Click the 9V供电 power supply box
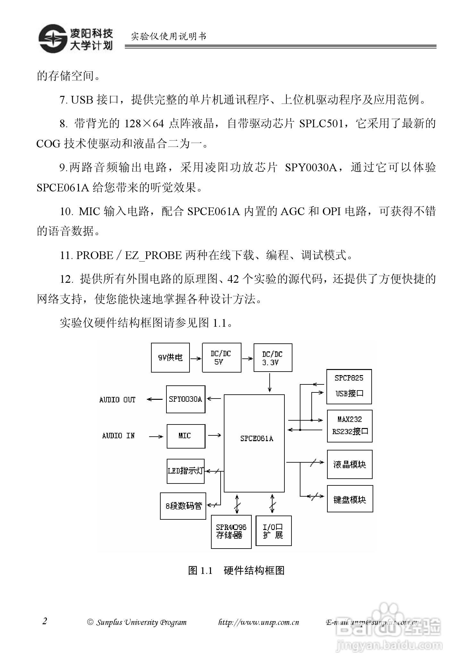(x=170, y=357)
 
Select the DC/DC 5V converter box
(x=222, y=357)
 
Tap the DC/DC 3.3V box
(x=273, y=357)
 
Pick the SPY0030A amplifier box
(x=186, y=399)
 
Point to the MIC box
(x=186, y=436)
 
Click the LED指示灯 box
(x=186, y=471)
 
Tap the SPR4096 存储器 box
(x=231, y=532)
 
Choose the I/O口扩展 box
(x=274, y=531)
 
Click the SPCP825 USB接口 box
(x=349, y=386)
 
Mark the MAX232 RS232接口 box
(x=350, y=426)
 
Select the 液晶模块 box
(x=350, y=464)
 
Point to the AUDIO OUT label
(x=117, y=400)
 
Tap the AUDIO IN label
(x=118, y=436)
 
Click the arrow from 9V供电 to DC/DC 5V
(x=196, y=358)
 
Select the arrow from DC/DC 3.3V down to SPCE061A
(x=270, y=383)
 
